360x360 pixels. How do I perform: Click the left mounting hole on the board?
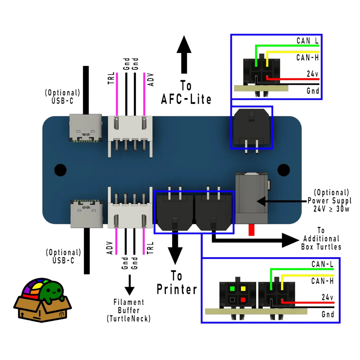click(60, 170)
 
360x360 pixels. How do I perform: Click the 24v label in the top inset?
click(312, 74)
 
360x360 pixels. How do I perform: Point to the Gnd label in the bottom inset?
click(327, 315)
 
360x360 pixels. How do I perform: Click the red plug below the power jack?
click(251, 230)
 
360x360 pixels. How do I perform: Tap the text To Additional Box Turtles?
click(321, 239)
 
